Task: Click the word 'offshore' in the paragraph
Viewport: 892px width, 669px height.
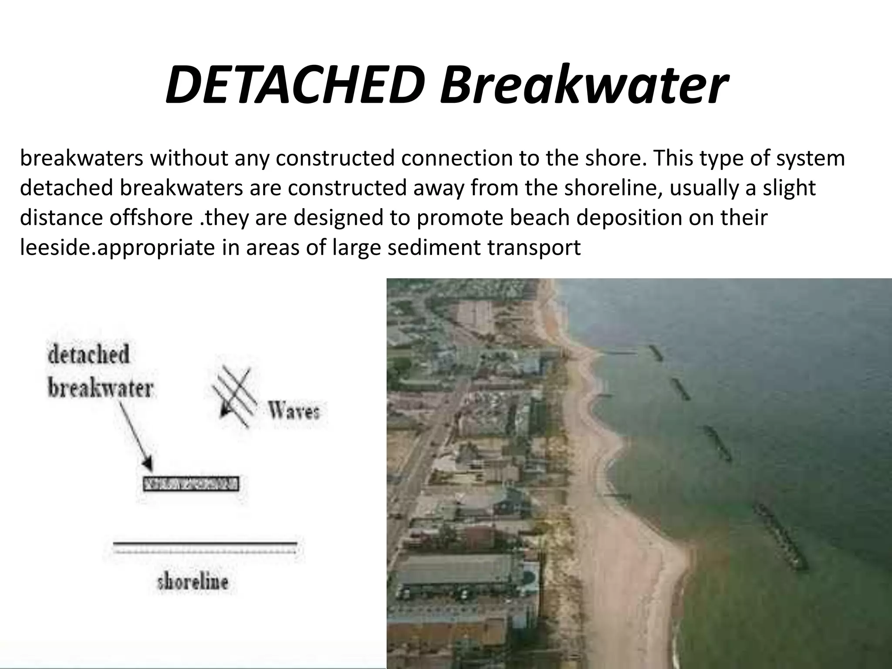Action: point(150,217)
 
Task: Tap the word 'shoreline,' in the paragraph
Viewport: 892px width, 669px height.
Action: point(612,188)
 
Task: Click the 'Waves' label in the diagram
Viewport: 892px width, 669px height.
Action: point(294,410)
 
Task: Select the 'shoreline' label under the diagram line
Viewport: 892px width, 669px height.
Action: point(193,582)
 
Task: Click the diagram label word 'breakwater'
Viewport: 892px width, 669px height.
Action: point(100,388)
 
